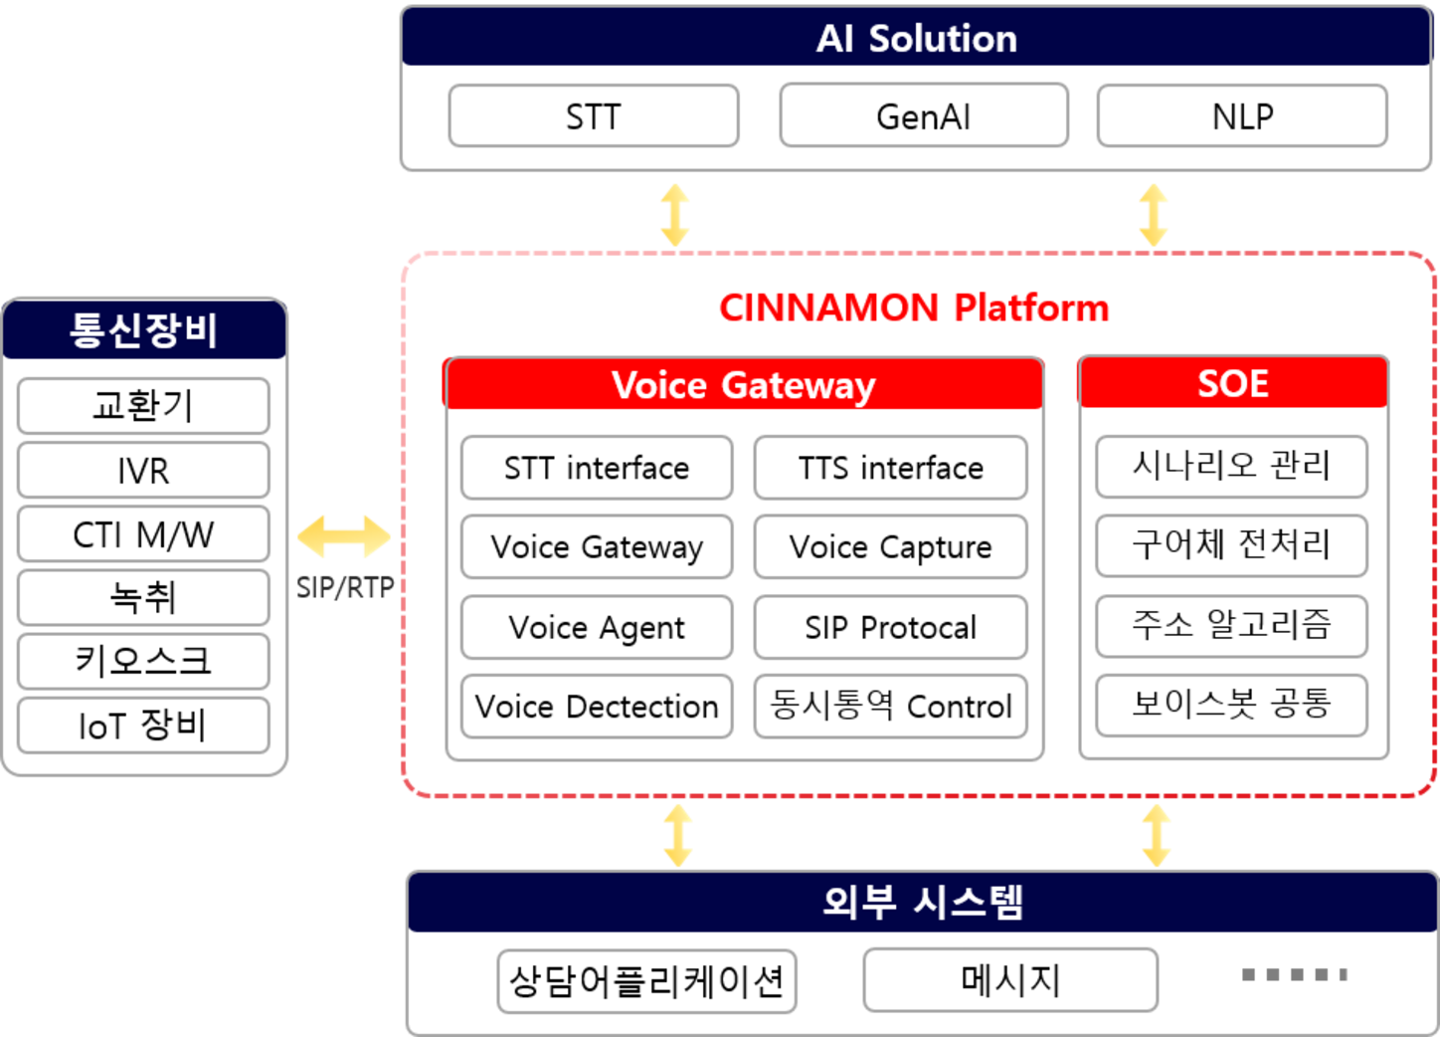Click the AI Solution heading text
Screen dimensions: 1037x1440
916,39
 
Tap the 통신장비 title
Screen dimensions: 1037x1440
144,329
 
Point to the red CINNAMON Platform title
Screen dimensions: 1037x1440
913,309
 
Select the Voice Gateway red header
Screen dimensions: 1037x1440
743,385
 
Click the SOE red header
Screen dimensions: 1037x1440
1232,383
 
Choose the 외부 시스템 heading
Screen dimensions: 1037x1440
922,902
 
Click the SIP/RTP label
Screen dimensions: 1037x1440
345,588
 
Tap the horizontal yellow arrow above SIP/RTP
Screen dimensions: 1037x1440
344,537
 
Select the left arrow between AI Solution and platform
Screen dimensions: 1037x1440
675,215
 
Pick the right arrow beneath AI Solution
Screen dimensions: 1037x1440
1154,215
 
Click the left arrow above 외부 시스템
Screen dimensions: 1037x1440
678,835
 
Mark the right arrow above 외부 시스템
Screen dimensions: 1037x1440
1156,835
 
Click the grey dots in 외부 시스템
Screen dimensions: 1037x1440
1294,974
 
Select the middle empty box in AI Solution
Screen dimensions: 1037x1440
924,115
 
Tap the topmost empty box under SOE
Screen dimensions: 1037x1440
1232,466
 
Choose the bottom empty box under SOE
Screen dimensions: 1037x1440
1232,706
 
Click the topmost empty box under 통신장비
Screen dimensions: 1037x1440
143,405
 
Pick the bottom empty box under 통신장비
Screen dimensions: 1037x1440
143,724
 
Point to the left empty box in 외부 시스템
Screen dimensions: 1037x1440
647,981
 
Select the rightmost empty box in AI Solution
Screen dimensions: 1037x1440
1242,115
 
